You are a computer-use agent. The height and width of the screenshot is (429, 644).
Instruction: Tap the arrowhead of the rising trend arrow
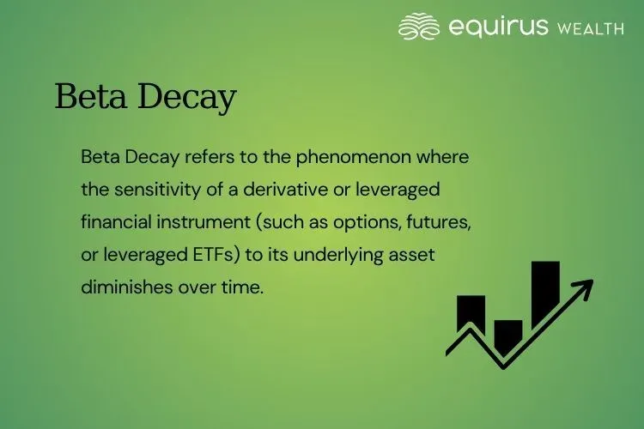585,287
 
